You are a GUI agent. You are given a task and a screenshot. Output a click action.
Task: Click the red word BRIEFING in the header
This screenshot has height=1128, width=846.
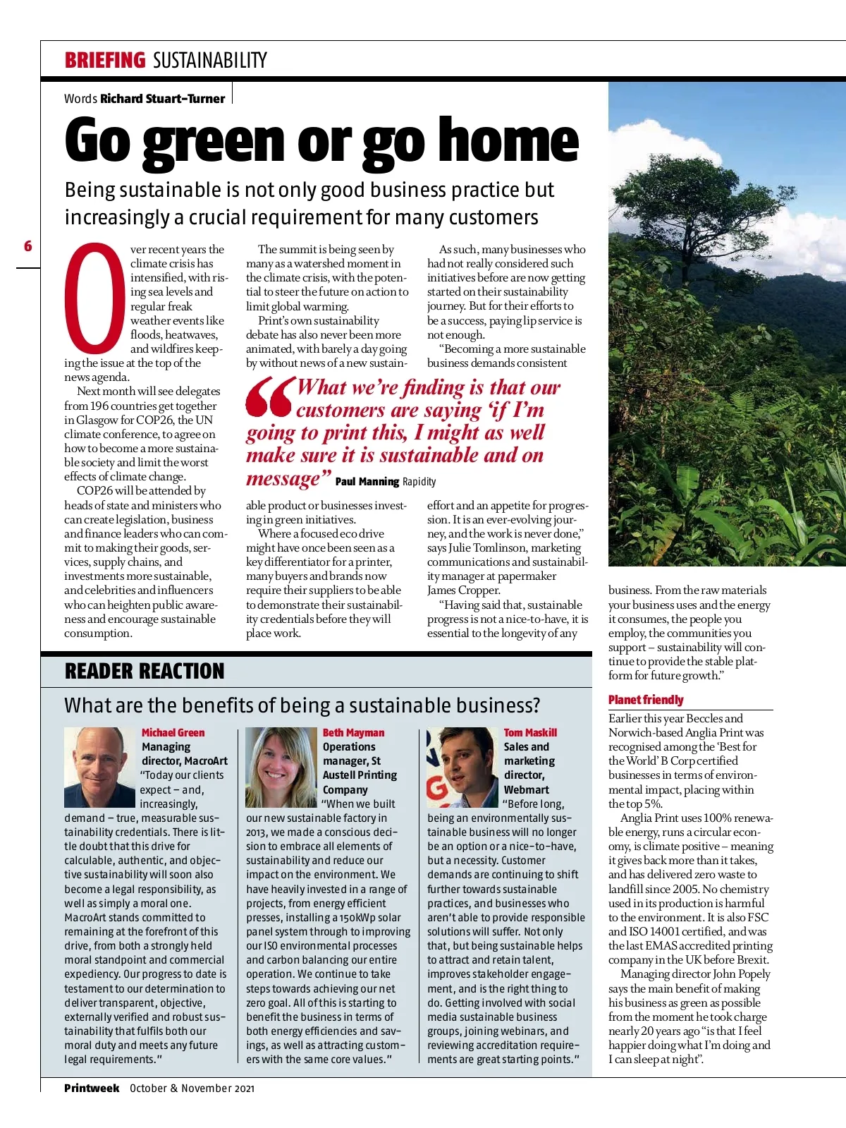click(x=104, y=60)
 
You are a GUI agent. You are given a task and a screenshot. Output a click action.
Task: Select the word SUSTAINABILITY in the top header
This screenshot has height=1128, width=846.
click(x=210, y=61)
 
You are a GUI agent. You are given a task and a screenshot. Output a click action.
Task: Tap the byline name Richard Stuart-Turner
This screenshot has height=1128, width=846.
click(x=162, y=99)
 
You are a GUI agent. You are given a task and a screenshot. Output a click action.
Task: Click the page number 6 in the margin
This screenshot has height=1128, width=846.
click(x=28, y=246)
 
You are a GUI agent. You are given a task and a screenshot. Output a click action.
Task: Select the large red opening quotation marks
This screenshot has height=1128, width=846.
click(x=269, y=396)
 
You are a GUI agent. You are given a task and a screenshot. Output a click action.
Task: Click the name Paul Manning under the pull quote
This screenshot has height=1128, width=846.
click(x=367, y=482)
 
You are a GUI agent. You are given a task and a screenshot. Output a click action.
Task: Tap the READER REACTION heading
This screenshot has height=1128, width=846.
click(x=145, y=671)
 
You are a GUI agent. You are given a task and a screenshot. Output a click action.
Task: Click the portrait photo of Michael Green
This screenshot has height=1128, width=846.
click(x=99, y=767)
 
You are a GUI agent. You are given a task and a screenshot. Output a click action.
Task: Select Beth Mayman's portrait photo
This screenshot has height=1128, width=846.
click(x=280, y=767)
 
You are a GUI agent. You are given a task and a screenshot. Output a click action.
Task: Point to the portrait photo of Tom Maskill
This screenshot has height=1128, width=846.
click(x=461, y=767)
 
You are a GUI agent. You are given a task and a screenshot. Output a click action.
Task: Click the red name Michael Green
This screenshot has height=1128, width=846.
click(x=173, y=733)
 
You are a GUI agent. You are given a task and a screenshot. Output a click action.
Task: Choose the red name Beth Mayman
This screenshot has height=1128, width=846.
click(x=353, y=733)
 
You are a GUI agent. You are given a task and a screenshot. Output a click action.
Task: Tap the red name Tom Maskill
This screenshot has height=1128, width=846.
click(x=530, y=733)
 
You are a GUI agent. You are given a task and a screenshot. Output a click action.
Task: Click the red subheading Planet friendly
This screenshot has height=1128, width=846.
click(x=646, y=700)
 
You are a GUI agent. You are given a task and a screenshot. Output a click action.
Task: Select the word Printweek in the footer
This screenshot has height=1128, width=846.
click(x=92, y=1088)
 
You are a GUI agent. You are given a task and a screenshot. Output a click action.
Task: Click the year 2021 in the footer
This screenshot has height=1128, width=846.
click(x=244, y=1088)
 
